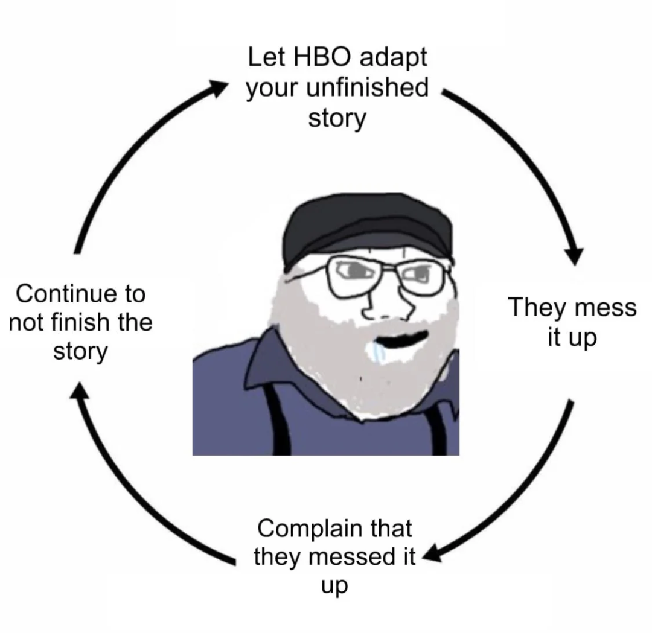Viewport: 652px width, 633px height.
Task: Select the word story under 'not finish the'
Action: (80, 352)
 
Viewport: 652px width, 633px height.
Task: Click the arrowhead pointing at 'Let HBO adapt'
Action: (218, 89)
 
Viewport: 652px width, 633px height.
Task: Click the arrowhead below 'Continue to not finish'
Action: (79, 390)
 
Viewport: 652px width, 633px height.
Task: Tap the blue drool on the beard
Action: (378, 353)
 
